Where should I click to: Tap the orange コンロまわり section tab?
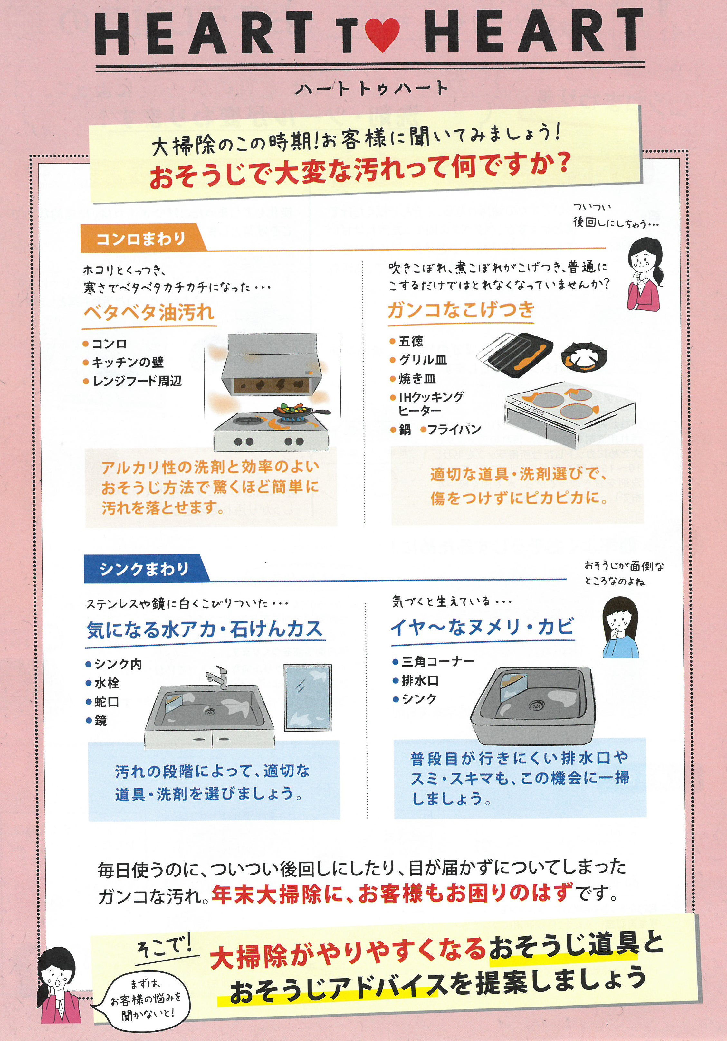coord(140,238)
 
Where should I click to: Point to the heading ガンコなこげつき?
coord(461,310)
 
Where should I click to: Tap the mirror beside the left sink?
coord(308,698)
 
